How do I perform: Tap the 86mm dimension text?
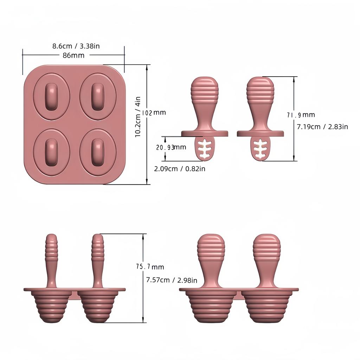pos(73,55)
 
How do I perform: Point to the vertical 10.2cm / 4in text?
pos(138,116)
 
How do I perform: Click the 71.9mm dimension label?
pos(301,115)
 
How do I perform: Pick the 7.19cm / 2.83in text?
pos(322,127)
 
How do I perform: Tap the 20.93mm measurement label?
pos(171,147)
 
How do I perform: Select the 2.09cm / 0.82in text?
pos(180,169)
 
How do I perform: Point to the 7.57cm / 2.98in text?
pos(172,280)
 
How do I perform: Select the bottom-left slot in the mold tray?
pos(51,152)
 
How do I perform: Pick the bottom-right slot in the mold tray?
pos(97,152)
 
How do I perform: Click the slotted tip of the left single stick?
pos(204,148)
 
